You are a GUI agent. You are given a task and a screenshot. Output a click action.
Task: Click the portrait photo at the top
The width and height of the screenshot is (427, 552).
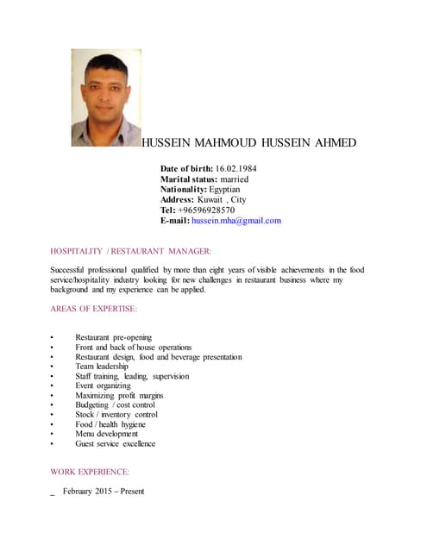pos(106,97)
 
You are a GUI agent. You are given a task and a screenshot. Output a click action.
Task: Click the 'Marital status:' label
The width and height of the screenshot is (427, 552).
pos(190,179)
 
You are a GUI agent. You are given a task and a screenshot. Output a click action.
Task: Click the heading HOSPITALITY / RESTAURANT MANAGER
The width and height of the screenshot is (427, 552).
pos(131,250)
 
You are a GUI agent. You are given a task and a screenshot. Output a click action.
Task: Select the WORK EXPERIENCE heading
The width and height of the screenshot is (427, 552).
pos(90,472)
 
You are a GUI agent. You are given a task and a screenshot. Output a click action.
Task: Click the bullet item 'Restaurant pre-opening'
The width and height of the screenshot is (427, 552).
pos(113,336)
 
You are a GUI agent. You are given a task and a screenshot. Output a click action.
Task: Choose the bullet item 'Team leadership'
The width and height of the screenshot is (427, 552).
pos(101,367)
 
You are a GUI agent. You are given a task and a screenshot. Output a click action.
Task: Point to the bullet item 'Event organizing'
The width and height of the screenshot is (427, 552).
pos(103,386)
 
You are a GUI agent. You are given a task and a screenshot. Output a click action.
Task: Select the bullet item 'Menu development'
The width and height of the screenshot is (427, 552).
pos(106,434)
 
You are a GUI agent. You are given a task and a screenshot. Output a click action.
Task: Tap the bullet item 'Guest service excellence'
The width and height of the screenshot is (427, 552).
pos(115,443)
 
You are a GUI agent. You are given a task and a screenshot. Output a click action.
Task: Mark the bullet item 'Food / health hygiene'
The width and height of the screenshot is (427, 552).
pos(110,424)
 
